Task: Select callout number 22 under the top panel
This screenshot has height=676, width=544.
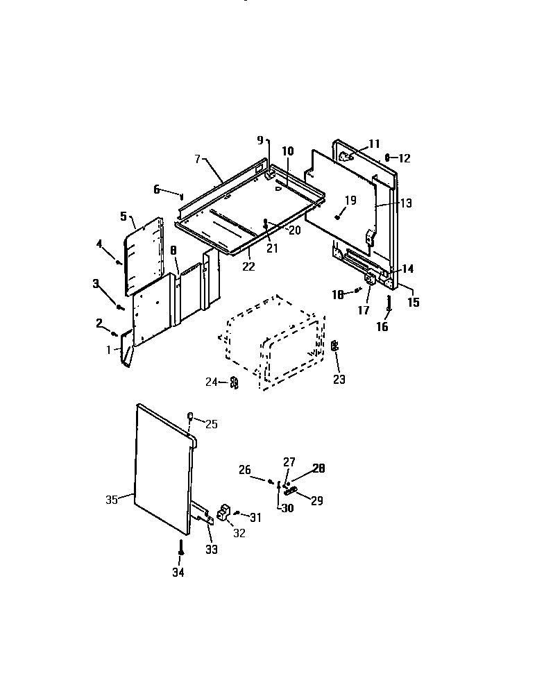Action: [249, 267]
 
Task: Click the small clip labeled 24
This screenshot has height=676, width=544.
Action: [235, 382]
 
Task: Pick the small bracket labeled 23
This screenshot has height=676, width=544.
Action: [334, 346]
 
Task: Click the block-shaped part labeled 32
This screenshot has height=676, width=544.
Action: [223, 514]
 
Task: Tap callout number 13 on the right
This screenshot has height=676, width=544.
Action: [406, 203]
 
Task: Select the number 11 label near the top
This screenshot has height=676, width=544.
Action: [374, 144]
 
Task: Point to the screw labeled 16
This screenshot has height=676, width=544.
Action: [389, 303]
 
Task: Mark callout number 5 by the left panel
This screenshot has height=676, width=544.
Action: [124, 217]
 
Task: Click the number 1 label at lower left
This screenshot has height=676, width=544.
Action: [109, 349]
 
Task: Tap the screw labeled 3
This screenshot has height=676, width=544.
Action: [120, 306]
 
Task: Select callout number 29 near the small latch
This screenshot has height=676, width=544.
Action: [316, 500]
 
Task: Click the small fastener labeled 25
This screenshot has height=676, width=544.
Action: [189, 416]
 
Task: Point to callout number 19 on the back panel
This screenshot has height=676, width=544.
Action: [350, 201]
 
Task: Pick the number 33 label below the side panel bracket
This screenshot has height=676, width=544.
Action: [211, 549]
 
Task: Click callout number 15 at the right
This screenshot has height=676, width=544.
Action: [413, 302]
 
